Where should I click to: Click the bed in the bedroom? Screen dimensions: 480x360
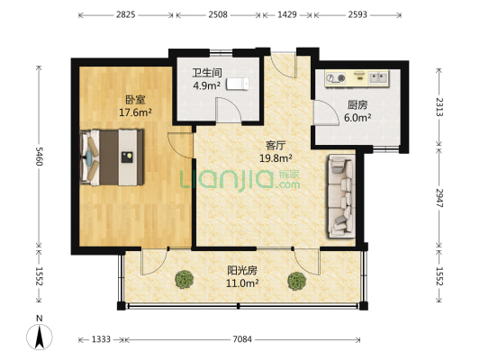(x=112, y=157)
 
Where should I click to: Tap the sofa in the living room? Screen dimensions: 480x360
(x=341, y=196)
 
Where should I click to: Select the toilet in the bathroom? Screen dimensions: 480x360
(x=238, y=84)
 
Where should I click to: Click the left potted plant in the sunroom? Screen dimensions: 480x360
(x=185, y=279)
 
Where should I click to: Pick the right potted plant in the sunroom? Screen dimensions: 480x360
(x=297, y=281)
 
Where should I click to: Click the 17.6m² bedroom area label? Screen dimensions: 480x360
(x=135, y=112)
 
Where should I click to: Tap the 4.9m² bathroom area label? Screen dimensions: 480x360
(x=206, y=85)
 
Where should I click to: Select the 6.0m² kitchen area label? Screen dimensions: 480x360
(x=358, y=118)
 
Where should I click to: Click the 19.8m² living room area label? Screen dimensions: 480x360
(x=276, y=158)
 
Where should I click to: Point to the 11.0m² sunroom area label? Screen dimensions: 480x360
(x=242, y=283)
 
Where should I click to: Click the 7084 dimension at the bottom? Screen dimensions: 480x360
(x=242, y=339)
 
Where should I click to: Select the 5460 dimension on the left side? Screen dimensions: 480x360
(x=39, y=157)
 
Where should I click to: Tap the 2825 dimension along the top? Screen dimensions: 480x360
(x=125, y=14)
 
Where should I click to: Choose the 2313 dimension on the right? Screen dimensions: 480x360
(x=439, y=107)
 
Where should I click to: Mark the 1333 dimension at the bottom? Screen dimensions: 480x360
(x=102, y=339)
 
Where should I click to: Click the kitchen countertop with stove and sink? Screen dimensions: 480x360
(x=357, y=78)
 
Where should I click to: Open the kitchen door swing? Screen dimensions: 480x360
(x=326, y=112)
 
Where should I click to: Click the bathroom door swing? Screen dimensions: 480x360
(x=229, y=110)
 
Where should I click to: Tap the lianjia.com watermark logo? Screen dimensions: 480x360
(x=240, y=181)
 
